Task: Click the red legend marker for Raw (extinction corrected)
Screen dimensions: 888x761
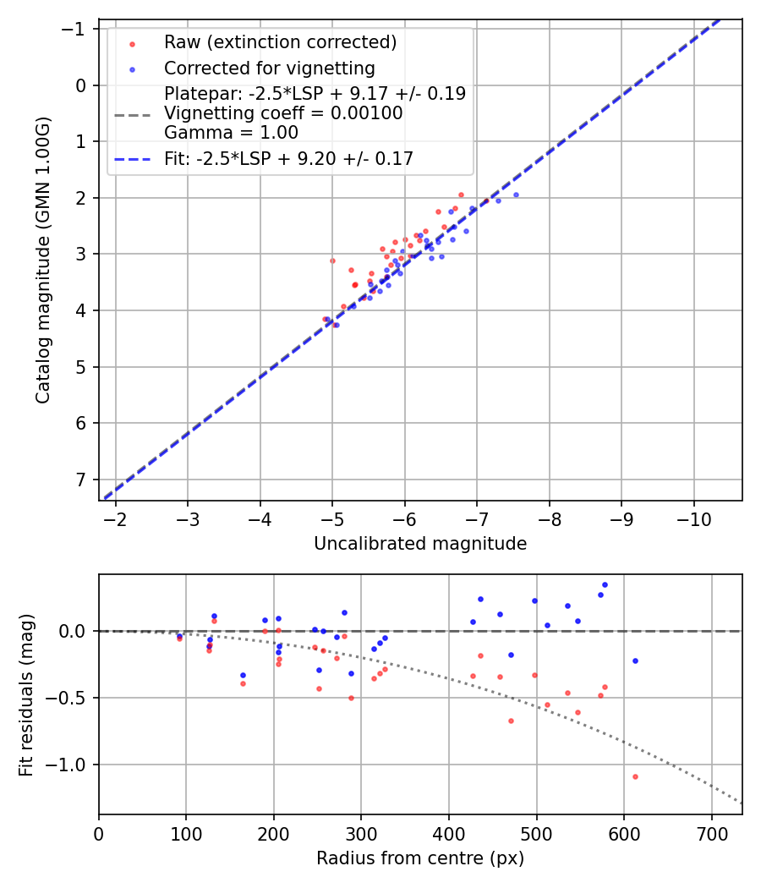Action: (132, 42)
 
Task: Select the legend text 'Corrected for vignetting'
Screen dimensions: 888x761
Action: (269, 68)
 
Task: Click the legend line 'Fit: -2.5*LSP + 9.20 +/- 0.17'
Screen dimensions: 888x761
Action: (132, 158)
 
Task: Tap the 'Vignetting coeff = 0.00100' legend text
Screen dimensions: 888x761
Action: (283, 112)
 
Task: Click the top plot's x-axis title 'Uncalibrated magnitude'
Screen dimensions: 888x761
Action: (420, 544)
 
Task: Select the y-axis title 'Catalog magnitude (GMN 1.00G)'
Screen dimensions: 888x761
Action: (43, 260)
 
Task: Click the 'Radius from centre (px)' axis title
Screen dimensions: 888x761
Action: (420, 858)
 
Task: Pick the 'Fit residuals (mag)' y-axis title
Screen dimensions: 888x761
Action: (26, 694)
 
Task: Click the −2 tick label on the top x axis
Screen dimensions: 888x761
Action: (115, 518)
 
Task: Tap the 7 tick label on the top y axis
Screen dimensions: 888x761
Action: (81, 480)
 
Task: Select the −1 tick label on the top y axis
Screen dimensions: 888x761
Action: (76, 29)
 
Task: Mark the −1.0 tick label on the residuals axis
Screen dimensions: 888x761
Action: (69, 765)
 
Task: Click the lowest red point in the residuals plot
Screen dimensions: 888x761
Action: (635, 776)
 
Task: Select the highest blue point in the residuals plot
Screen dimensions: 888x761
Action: (605, 584)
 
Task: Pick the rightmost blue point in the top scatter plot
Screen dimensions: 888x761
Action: (516, 195)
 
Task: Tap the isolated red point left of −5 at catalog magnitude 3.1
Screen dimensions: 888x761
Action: (332, 260)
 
